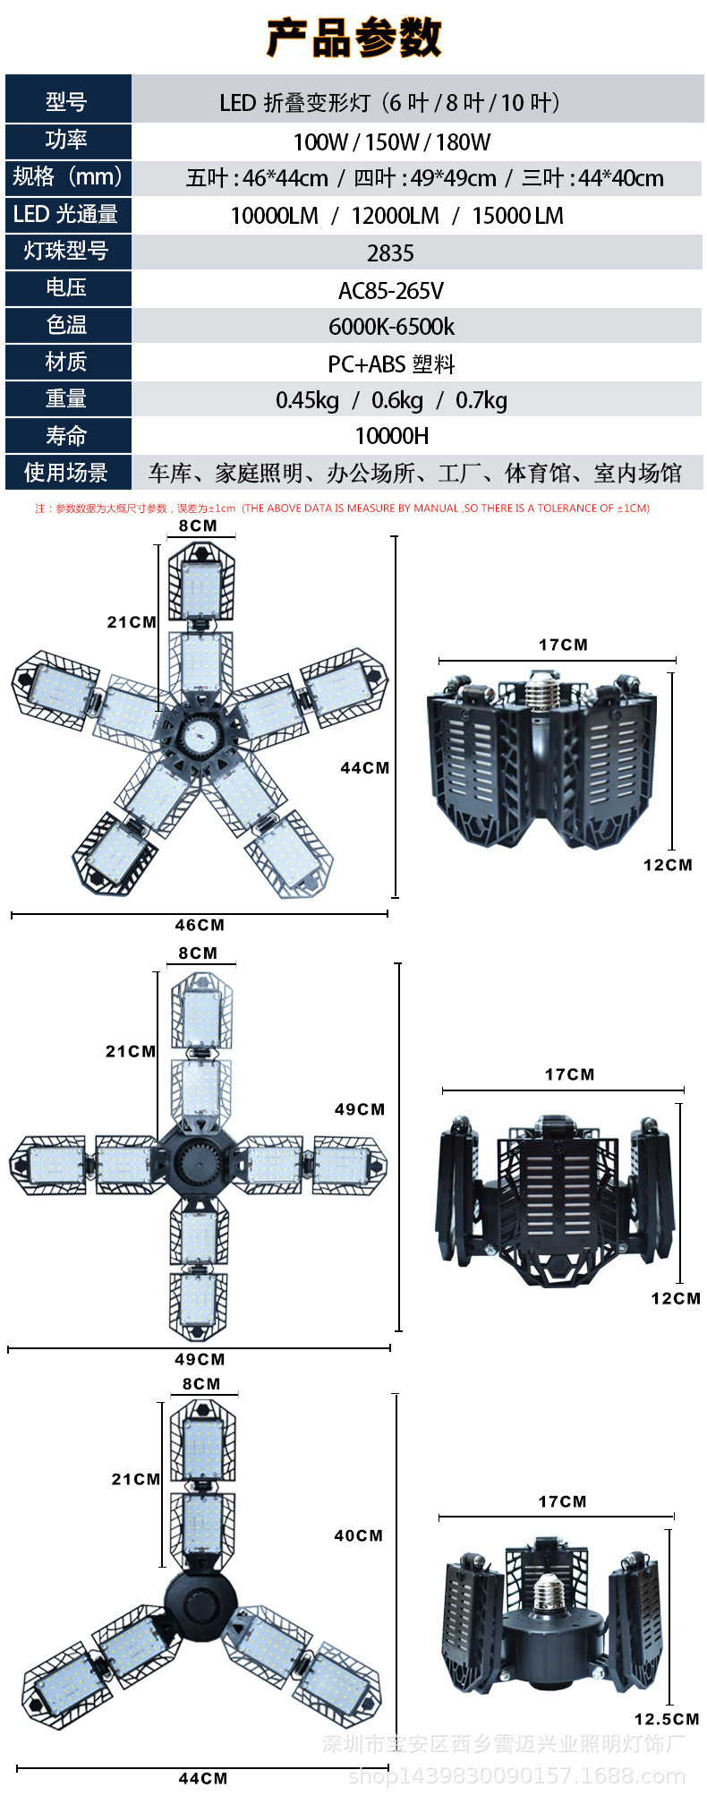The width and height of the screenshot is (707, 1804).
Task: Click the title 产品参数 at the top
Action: (353, 38)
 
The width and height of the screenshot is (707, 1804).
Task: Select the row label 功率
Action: (66, 140)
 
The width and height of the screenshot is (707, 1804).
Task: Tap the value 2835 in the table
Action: (390, 253)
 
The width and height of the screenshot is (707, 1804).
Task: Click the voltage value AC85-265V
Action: (391, 290)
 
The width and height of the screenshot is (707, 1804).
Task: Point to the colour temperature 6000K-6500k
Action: (391, 327)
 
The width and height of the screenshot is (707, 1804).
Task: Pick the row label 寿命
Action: (66, 436)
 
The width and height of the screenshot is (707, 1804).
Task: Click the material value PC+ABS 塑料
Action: (391, 363)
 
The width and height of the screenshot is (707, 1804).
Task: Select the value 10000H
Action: (392, 436)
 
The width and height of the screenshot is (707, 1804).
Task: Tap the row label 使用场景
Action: (66, 472)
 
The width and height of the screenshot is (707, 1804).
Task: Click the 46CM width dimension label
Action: (200, 925)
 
